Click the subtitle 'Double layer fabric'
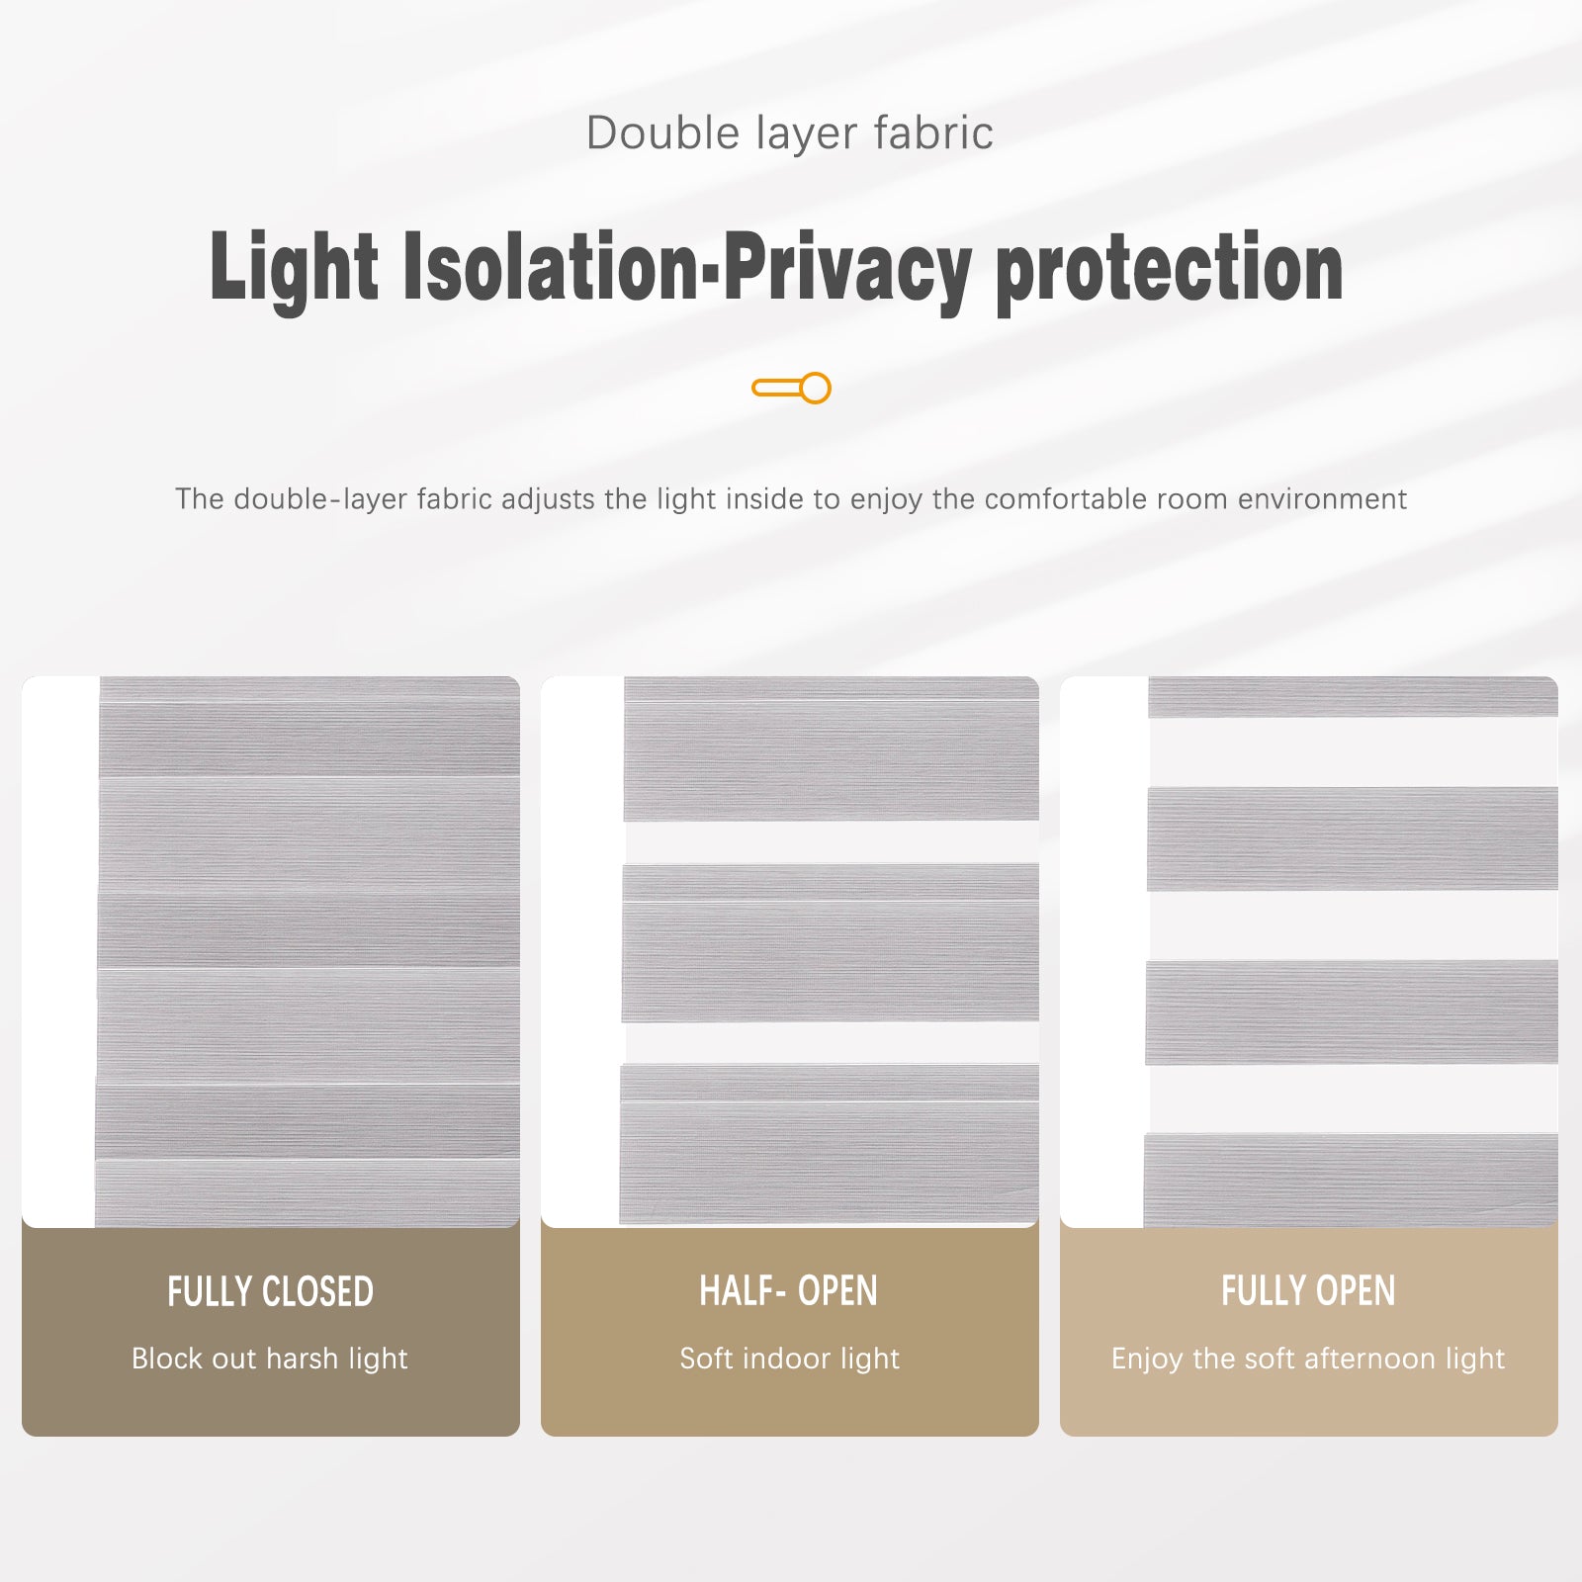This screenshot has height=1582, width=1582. click(x=789, y=133)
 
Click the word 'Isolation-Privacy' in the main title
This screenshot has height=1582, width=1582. click(x=686, y=267)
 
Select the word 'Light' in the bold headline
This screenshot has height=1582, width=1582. click(x=294, y=267)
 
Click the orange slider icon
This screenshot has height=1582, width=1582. click(x=791, y=388)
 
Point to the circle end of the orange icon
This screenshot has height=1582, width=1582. click(x=816, y=388)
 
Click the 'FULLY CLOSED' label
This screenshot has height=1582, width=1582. click(x=270, y=1292)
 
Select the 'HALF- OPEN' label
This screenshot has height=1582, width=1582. click(x=788, y=1291)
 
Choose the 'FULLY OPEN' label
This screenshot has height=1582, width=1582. click(x=1308, y=1291)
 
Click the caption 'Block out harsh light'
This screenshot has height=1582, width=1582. click(x=270, y=1359)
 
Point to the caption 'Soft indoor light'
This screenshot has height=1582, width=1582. click(x=789, y=1359)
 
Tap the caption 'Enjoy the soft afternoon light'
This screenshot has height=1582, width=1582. click(x=1308, y=1359)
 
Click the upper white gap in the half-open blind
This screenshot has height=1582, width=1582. click(x=831, y=842)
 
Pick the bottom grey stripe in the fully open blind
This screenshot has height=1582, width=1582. click(x=1351, y=1181)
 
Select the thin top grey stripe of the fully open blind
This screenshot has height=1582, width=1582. click(x=1353, y=697)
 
